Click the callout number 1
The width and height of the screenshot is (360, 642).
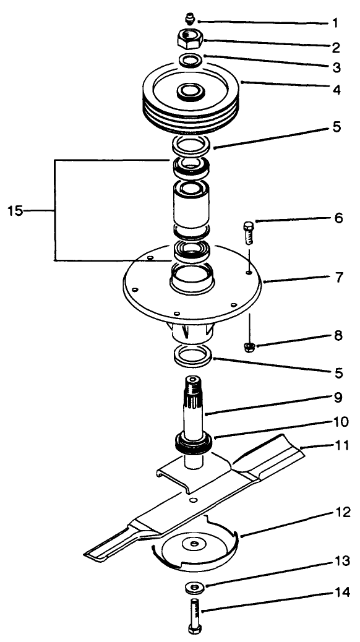point(335,24)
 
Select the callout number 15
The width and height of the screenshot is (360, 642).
point(15,211)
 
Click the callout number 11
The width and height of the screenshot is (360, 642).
point(340,443)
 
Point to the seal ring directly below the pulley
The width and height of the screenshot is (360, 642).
point(191,147)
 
